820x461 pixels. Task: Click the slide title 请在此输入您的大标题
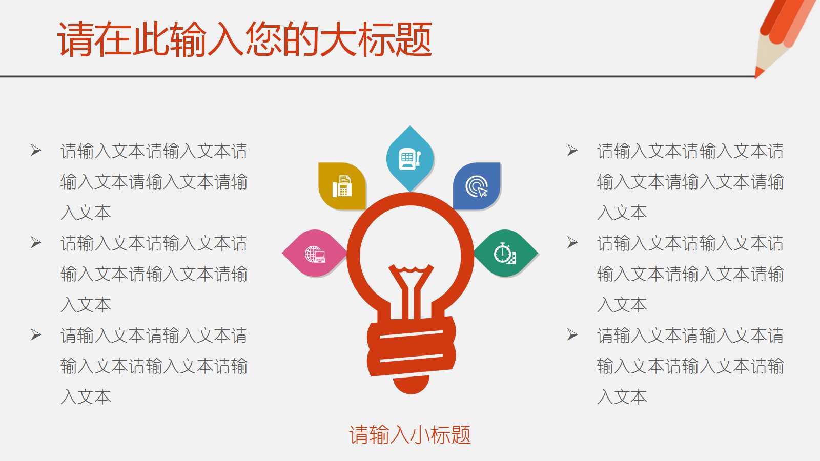[244, 39]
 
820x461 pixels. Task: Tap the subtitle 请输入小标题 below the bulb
[409, 435]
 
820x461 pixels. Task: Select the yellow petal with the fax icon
[342, 186]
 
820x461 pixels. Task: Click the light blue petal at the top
[410, 158]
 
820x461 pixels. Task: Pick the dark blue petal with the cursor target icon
[477, 186]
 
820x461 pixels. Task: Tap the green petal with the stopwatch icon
[505, 254]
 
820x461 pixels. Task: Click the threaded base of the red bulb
[411, 346]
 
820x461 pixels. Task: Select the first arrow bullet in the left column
[36, 151]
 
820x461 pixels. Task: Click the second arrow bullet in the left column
[36, 242]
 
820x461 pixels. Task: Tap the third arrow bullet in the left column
[36, 335]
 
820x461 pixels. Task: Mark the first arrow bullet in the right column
[572, 151]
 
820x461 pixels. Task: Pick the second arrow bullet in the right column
[572, 242]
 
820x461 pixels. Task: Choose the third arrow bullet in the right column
[572, 335]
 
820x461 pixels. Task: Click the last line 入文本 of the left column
[86, 397]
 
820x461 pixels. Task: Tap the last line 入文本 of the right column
[622, 397]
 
